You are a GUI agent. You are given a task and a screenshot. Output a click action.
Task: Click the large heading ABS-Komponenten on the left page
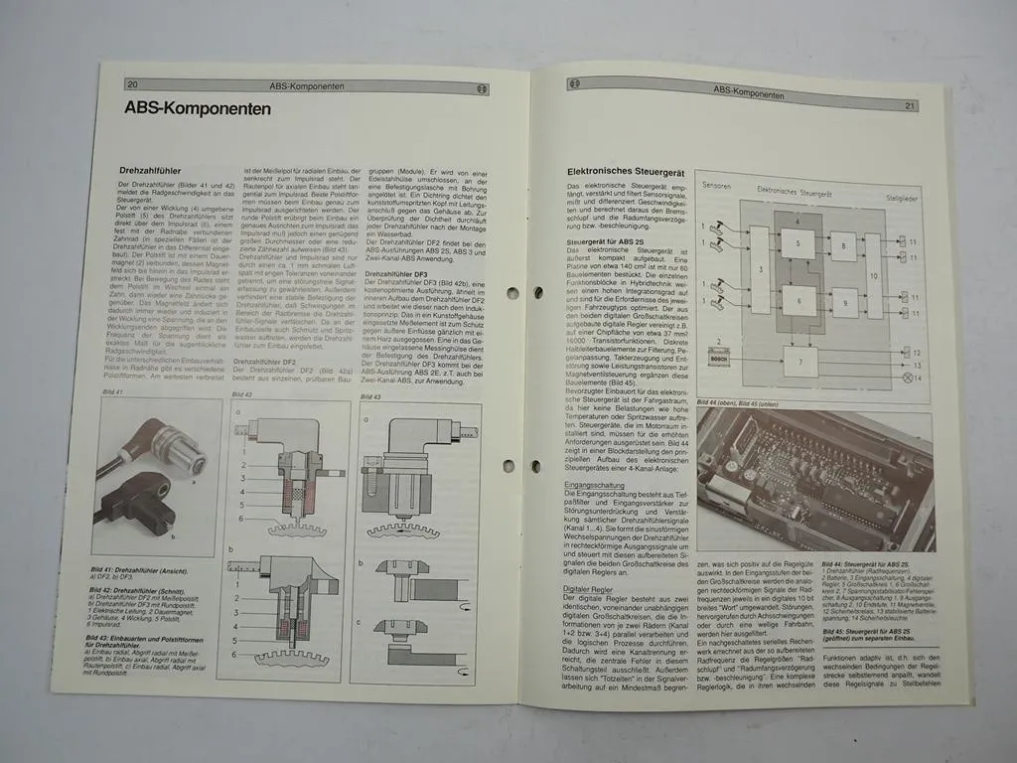198,107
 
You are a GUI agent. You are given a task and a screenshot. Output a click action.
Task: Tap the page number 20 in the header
133,84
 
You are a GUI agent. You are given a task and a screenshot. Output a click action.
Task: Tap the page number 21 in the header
909,104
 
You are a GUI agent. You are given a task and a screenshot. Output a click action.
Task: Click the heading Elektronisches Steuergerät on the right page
625,171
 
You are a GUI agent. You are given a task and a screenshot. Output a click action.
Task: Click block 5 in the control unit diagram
796,243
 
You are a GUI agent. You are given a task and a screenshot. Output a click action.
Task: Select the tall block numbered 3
761,269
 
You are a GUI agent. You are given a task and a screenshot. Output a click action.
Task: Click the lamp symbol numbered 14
903,380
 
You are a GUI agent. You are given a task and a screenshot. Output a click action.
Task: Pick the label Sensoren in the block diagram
718,185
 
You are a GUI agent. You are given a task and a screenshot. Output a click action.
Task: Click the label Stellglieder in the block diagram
901,200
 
